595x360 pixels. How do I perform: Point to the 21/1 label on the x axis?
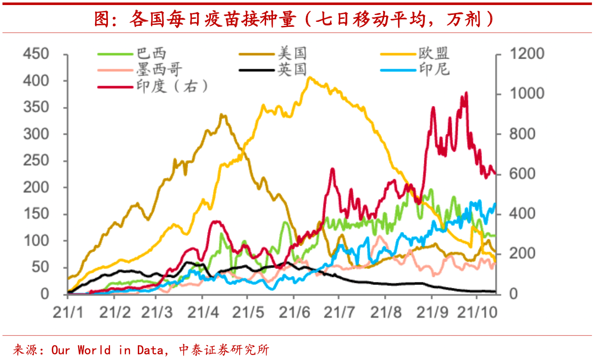68,313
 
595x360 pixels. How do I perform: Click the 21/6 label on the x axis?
294,313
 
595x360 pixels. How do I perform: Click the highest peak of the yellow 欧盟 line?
309,78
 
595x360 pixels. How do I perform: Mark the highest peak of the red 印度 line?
466,93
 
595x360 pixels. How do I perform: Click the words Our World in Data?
107,350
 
